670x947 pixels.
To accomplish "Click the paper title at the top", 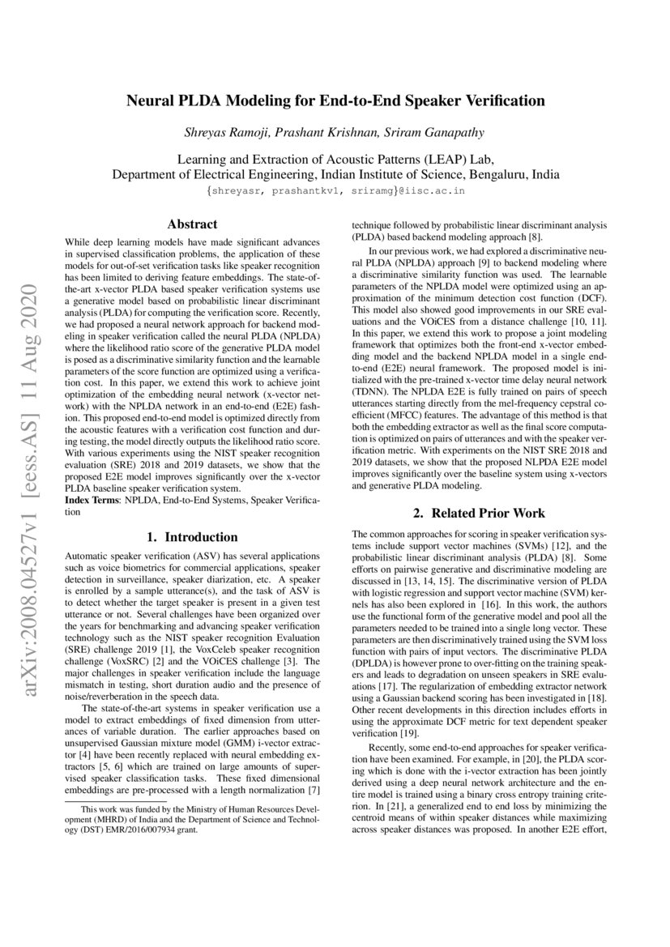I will [335, 101].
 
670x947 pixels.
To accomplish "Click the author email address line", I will [335, 190].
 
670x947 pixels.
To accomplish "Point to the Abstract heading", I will [192, 224].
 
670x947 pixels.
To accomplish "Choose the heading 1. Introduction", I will [192, 536].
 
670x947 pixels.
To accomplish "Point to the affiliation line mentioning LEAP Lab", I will [335, 159].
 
